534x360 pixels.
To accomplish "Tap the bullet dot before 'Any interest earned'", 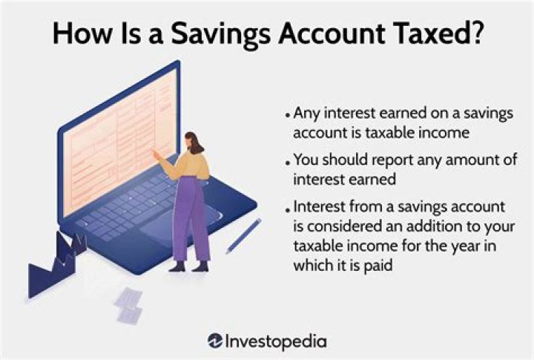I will point(288,117).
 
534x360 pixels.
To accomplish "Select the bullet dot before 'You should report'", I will point(288,162).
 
